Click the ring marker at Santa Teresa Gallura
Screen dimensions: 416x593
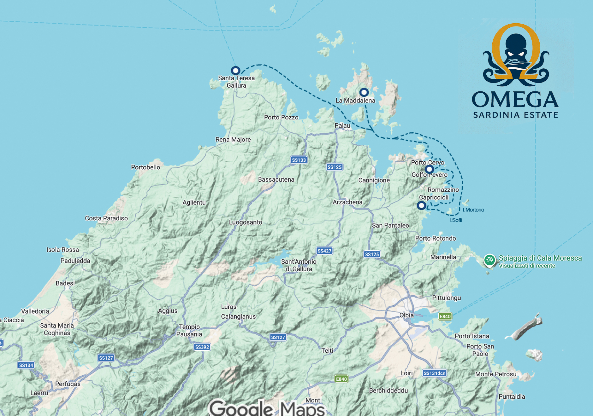[x=235, y=70]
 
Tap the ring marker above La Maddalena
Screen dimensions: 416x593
[x=364, y=92]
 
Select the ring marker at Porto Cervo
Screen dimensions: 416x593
[x=429, y=169]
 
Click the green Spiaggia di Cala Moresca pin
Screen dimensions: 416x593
[x=489, y=260]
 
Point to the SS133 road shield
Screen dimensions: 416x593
[x=299, y=160]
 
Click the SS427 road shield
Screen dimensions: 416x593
[x=324, y=251]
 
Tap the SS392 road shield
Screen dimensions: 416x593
[x=202, y=347]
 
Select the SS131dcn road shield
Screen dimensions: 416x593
[x=434, y=373]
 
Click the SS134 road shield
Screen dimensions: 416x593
[x=26, y=365]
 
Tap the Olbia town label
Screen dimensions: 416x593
[x=406, y=315]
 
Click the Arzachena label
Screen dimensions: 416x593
[x=347, y=202]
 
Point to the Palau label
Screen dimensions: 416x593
[x=342, y=125]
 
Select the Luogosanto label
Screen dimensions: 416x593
[x=246, y=222]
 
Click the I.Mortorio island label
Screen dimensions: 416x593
[x=473, y=210]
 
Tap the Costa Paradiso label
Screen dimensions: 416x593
[x=106, y=218]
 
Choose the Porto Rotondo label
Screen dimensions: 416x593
[x=436, y=239]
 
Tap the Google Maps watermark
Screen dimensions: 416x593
[x=267, y=408]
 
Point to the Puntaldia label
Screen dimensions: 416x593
[x=512, y=397]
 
